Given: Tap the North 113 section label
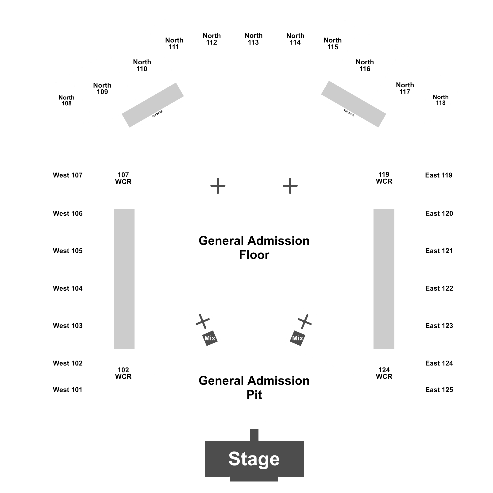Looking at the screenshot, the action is coord(254,39).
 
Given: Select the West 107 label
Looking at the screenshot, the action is coord(68,175).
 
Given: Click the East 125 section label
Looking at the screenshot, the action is coord(439,390).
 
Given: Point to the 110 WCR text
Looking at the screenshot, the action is coord(158,114).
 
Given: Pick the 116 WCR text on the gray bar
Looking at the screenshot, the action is coord(349,113).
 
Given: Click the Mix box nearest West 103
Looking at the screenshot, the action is coord(210,338).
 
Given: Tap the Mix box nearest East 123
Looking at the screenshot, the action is coord(297,338).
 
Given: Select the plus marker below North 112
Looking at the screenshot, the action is coord(218,186).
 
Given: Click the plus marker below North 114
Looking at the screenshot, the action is coord(290,186).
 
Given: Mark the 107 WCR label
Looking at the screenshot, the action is coord(123,178).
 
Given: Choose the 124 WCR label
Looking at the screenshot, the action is coord(384,373).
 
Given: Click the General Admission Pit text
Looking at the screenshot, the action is coord(254,388).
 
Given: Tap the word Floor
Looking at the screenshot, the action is coord(254,255).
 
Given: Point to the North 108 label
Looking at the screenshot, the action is coord(67,100).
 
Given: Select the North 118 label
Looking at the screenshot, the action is coord(441,100).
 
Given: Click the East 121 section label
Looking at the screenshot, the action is coord(439,251).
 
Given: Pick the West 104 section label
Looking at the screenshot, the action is coord(68,288).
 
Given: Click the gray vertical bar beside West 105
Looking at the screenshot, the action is coord(124,279).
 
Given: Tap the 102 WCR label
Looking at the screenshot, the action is coord(123,373).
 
